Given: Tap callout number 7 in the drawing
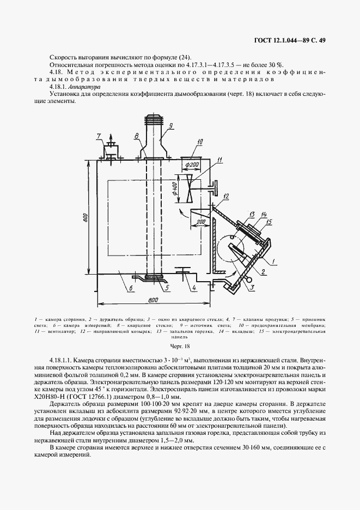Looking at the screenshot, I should click(99, 136).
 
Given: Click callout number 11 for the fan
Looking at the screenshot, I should click(219, 159).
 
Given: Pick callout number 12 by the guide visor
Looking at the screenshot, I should click(225, 196).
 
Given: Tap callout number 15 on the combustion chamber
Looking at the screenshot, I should click(269, 221).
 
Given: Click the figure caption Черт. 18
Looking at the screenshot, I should click(179, 345).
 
